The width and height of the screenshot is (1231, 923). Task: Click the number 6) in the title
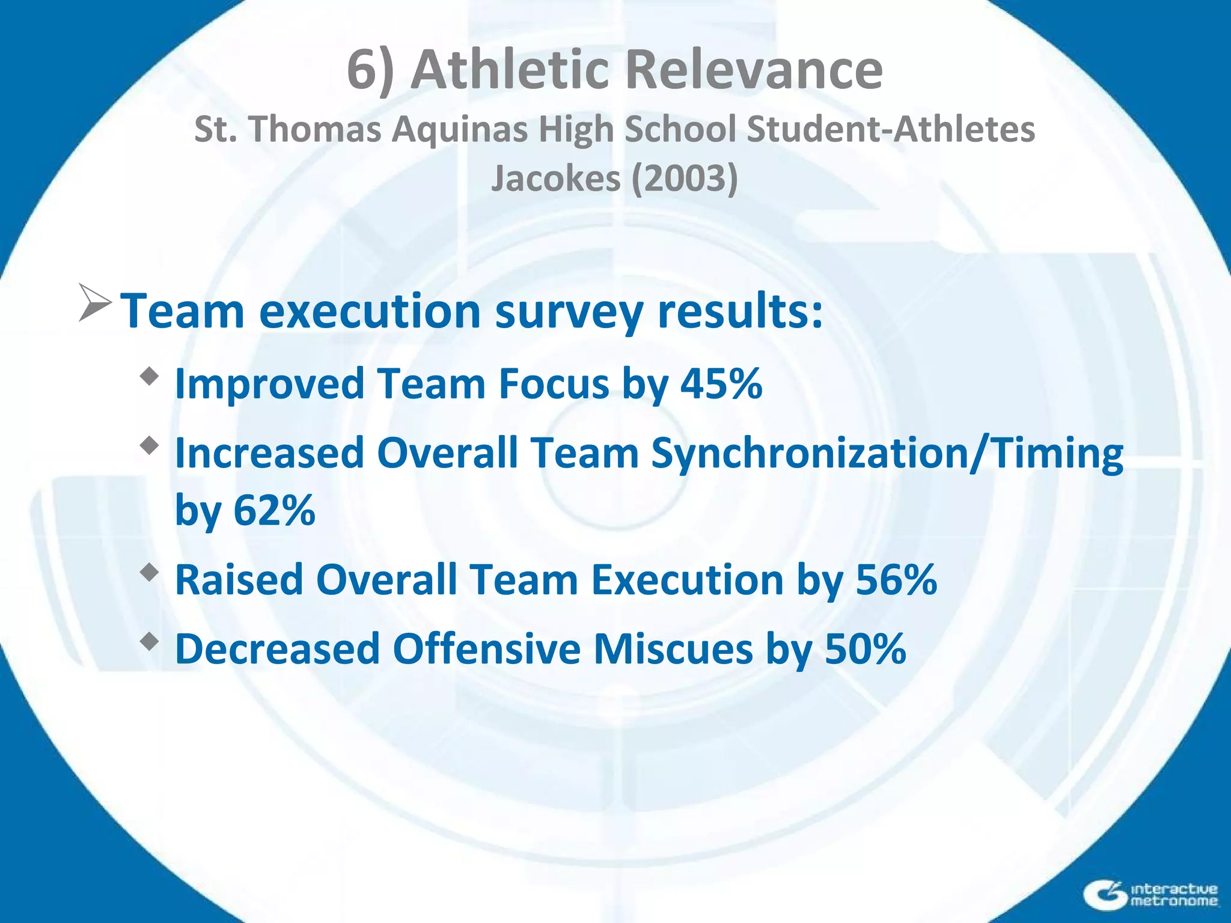pyautogui.click(x=370, y=71)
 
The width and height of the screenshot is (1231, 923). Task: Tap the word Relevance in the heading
pyautogui.click(x=754, y=70)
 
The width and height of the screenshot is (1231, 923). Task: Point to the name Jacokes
pyautogui.click(x=555, y=178)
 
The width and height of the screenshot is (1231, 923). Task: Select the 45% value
pyautogui.click(x=721, y=383)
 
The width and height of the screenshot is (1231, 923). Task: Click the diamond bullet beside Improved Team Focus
pyautogui.click(x=149, y=377)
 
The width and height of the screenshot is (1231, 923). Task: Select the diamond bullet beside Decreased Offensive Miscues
pyautogui.click(x=149, y=642)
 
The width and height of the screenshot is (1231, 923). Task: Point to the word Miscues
pyautogui.click(x=673, y=649)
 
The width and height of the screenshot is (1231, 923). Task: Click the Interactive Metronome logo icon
pyautogui.click(x=1105, y=895)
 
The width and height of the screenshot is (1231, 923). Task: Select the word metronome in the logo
pyautogui.click(x=1174, y=901)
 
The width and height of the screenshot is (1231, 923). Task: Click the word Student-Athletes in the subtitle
pyautogui.click(x=890, y=130)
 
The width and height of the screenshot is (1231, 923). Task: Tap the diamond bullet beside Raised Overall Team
pyautogui.click(x=149, y=573)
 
